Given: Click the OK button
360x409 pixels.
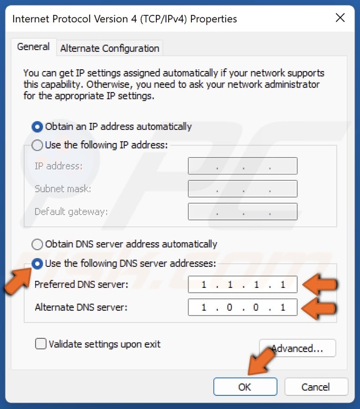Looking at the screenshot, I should pyautogui.click(x=245, y=387).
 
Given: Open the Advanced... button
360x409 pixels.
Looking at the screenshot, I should pyautogui.click(x=297, y=348).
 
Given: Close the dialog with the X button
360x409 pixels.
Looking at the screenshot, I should pyautogui.click(x=340, y=18).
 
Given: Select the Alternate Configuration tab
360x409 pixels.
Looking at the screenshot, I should pyautogui.click(x=109, y=48).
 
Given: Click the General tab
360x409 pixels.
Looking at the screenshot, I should pyautogui.click(x=33, y=47).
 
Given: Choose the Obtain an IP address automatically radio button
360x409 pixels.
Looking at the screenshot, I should pyautogui.click(x=37, y=127).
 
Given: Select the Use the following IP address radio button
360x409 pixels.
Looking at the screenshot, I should pyautogui.click(x=37, y=145).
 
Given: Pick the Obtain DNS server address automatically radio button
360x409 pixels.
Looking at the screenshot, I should pyautogui.click(x=37, y=245).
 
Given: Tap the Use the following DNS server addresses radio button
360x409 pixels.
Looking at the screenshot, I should pyautogui.click(x=37, y=263).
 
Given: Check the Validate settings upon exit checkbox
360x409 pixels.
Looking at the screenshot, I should pyautogui.click(x=41, y=344).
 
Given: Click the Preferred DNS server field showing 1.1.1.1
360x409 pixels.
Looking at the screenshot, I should pyautogui.click(x=242, y=285).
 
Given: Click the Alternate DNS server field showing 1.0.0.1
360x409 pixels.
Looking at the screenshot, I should pyautogui.click(x=242, y=307).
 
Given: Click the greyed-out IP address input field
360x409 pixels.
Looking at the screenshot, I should pyautogui.click(x=242, y=166).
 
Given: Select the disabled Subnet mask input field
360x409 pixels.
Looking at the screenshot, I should pyautogui.click(x=242, y=189).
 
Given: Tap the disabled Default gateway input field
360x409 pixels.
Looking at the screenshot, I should pyautogui.click(x=242, y=211).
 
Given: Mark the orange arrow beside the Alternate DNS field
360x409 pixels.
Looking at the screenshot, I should pyautogui.click(x=320, y=308).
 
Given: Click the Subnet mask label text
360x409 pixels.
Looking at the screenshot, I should pyautogui.click(x=63, y=189).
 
